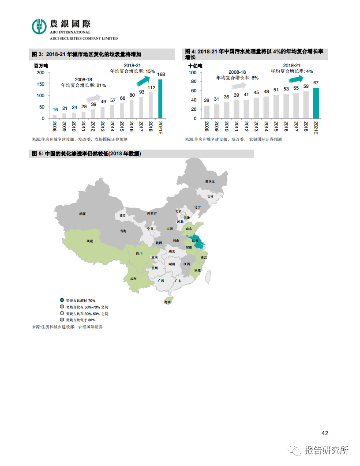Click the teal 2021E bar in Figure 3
160,99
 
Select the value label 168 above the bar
161,75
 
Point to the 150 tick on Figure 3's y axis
40,84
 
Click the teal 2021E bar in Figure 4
316,103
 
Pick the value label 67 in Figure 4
316,83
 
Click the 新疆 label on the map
82,214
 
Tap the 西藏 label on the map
90,241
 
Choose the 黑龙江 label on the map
210,181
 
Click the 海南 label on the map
167,302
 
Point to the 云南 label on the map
133,278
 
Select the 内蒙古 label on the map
152,213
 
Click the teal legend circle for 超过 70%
62,300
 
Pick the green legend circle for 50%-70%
62,307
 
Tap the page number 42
325,433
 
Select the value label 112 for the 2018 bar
151,87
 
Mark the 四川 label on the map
139,253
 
